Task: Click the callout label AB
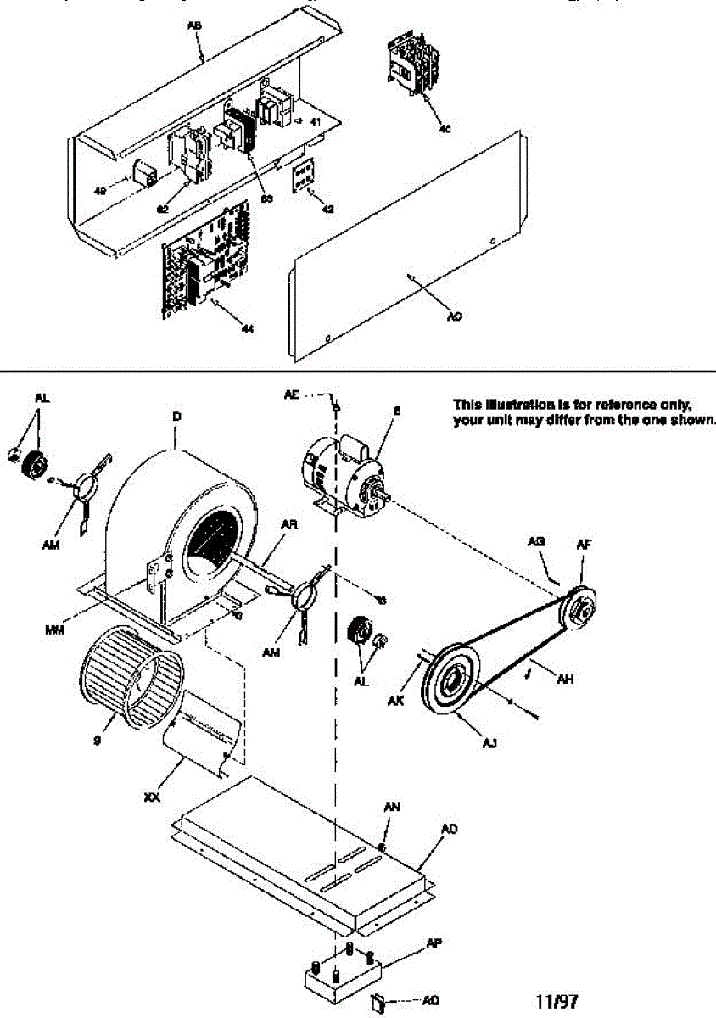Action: pyautogui.click(x=193, y=26)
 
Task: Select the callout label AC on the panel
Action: pyautogui.click(x=454, y=316)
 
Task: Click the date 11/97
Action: pyautogui.click(x=557, y=1001)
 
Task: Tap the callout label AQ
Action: pyautogui.click(x=430, y=1000)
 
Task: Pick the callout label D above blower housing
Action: pyautogui.click(x=176, y=417)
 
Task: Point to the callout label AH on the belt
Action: pyautogui.click(x=562, y=679)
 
